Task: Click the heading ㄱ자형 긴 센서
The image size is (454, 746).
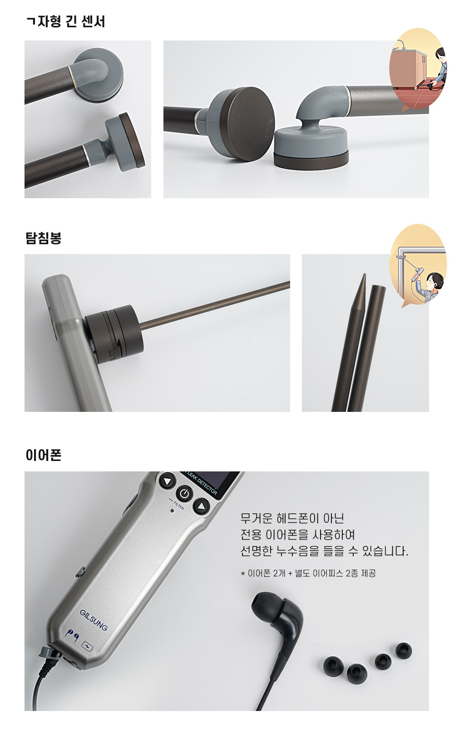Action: pos(65,22)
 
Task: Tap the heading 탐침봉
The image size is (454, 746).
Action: pos(44,238)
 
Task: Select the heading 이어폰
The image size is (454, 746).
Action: pos(44,455)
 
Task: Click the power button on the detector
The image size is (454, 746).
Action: pos(185,494)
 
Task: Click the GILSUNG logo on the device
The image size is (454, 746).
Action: pos(94,620)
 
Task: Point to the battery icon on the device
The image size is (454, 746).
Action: pos(87,646)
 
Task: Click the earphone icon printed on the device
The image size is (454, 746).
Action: pos(72,635)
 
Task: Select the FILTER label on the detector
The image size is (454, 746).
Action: pos(178,506)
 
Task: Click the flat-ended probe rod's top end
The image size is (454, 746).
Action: pos(379,287)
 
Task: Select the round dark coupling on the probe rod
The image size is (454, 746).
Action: pos(114,334)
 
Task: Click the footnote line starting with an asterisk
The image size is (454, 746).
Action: pos(308,573)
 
